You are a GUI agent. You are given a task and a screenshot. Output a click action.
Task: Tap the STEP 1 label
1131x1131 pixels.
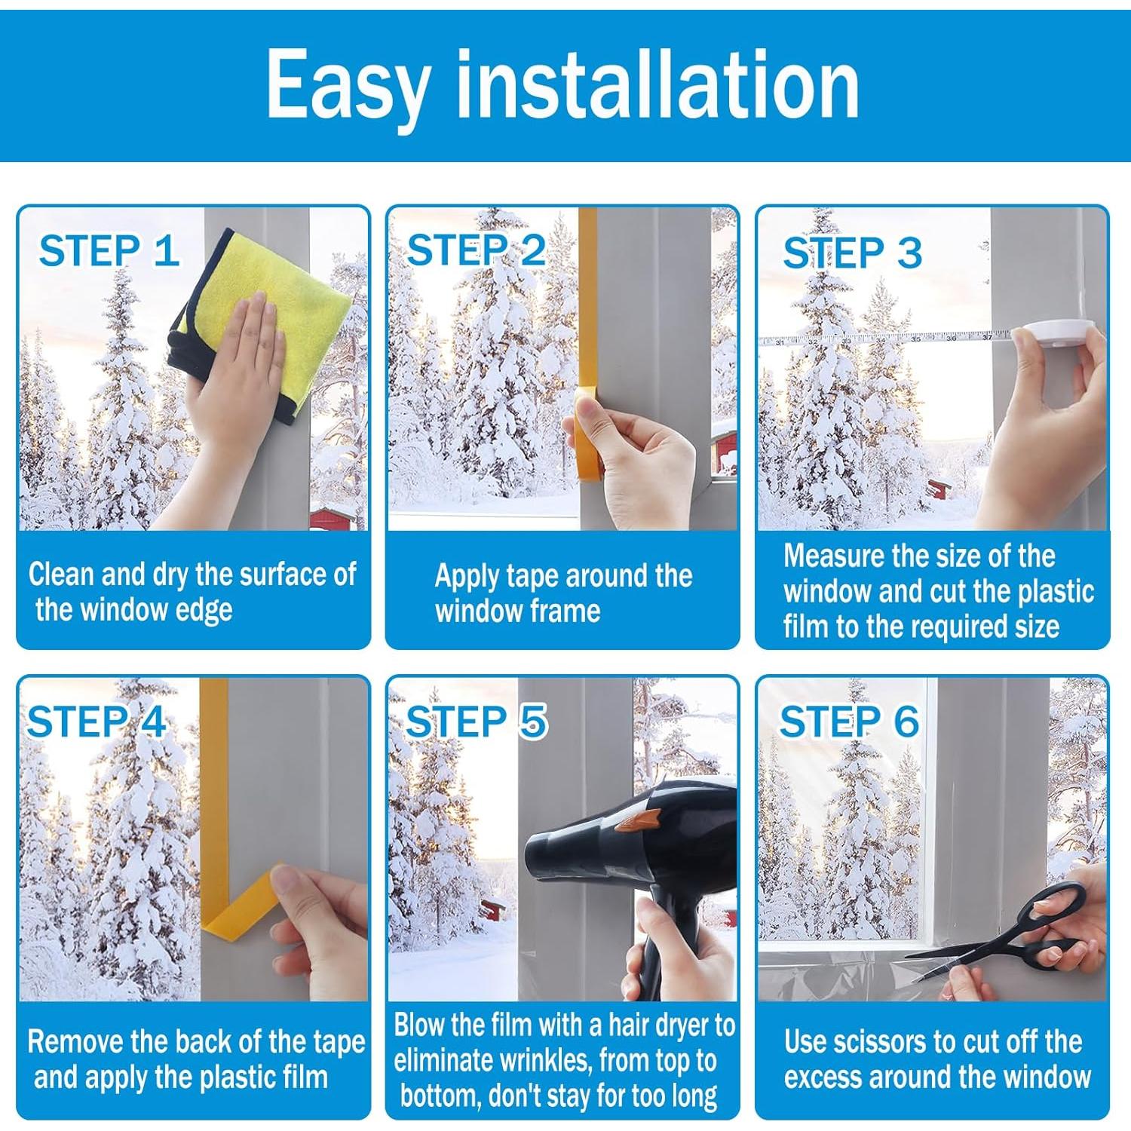pos(109,250)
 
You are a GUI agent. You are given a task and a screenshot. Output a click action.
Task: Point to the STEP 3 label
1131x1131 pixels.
pos(852,252)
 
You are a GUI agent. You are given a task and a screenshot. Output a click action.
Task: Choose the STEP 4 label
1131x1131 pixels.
pos(96,722)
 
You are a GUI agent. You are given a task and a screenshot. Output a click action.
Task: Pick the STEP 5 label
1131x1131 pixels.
pos(476,722)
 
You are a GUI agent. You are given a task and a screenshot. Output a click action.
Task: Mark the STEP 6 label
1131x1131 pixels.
pos(849,722)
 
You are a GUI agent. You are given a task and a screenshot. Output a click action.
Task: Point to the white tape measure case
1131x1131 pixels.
pos(1054,332)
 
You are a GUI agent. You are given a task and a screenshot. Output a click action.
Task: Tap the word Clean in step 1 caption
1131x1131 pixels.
pos(62,575)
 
